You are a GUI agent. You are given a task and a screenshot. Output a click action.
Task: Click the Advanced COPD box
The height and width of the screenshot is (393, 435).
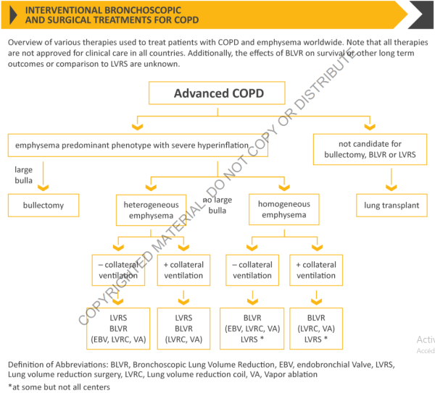[x=218, y=94]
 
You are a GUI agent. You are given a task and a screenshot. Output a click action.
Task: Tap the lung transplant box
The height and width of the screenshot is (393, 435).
[x=391, y=206]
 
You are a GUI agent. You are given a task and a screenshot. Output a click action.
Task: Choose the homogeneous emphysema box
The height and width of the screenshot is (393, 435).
[x=283, y=210]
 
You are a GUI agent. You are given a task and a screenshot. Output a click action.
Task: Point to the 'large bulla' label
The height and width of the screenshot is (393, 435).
[x=24, y=174]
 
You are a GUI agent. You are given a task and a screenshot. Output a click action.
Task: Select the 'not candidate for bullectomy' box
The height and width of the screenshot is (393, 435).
[x=370, y=150]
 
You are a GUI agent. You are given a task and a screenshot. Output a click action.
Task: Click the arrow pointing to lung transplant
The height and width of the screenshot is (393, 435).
[x=391, y=181]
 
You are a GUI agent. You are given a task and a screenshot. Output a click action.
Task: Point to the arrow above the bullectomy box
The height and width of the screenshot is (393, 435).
[x=45, y=181]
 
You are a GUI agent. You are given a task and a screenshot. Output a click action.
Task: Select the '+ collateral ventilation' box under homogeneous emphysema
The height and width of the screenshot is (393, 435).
[x=316, y=270]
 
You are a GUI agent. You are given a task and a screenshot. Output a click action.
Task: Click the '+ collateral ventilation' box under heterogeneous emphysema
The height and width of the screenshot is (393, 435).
[x=183, y=270]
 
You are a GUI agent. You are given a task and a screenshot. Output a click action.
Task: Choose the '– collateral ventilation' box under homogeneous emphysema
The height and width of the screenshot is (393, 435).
[x=252, y=270]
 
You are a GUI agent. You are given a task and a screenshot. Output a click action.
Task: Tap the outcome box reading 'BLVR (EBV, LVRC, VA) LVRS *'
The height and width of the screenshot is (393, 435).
[x=252, y=328]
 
